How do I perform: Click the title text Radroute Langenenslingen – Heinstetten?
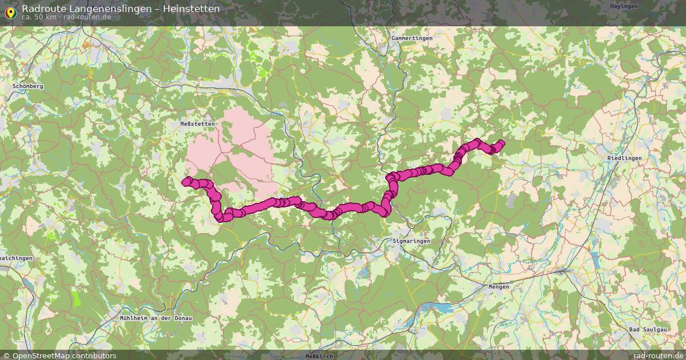pyautogui.click(x=120, y=9)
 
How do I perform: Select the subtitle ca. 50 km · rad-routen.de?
pyautogui.click(x=66, y=17)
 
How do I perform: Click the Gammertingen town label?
pyautogui.click(x=412, y=38)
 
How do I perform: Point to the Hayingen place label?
pyautogui.click(x=624, y=6)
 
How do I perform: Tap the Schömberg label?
pyautogui.click(x=27, y=86)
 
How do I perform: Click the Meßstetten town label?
pyautogui.click(x=197, y=123)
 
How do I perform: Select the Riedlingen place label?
pyautogui.click(x=624, y=158)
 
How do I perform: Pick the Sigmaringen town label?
pyautogui.click(x=411, y=241)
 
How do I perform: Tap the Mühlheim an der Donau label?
pyautogui.click(x=156, y=318)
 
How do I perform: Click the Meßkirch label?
pyautogui.click(x=320, y=355)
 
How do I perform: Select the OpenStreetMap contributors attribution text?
pyautogui.click(x=64, y=355)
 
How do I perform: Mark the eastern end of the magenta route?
pyautogui.click(x=501, y=143)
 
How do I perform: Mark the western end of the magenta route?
pyautogui.click(x=185, y=182)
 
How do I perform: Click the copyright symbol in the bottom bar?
pyautogui.click(x=7, y=355)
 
